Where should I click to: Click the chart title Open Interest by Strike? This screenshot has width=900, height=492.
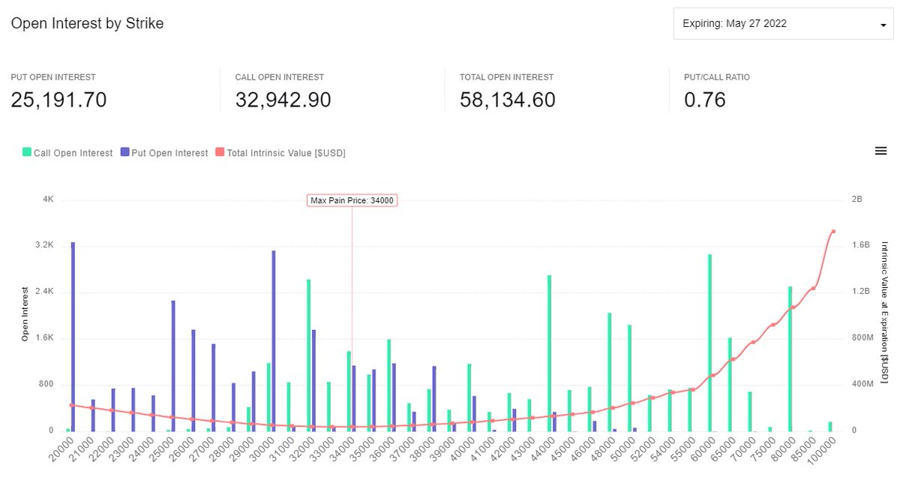coord(87,23)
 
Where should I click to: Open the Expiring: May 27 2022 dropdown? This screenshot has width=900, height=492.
coord(783,24)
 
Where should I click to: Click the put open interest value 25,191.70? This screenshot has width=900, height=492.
coord(58,100)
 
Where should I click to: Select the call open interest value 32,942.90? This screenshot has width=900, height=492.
coord(283,100)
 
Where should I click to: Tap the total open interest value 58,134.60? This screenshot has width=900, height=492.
coord(508,100)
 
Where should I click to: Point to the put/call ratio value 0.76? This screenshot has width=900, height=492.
coord(705,100)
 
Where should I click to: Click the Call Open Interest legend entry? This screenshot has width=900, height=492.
coord(67,153)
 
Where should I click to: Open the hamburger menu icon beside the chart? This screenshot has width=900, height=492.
coord(880,151)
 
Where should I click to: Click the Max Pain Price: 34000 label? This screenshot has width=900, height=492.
coord(352,200)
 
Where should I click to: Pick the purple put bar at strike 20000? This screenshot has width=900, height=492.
coord(73,337)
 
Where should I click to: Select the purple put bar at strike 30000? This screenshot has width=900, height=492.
coord(273,340)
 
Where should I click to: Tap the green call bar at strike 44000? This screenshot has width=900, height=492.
coord(549,352)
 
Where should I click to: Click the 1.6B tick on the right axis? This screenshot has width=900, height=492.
coord(860,245)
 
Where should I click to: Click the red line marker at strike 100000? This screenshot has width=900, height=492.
coord(834,232)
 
